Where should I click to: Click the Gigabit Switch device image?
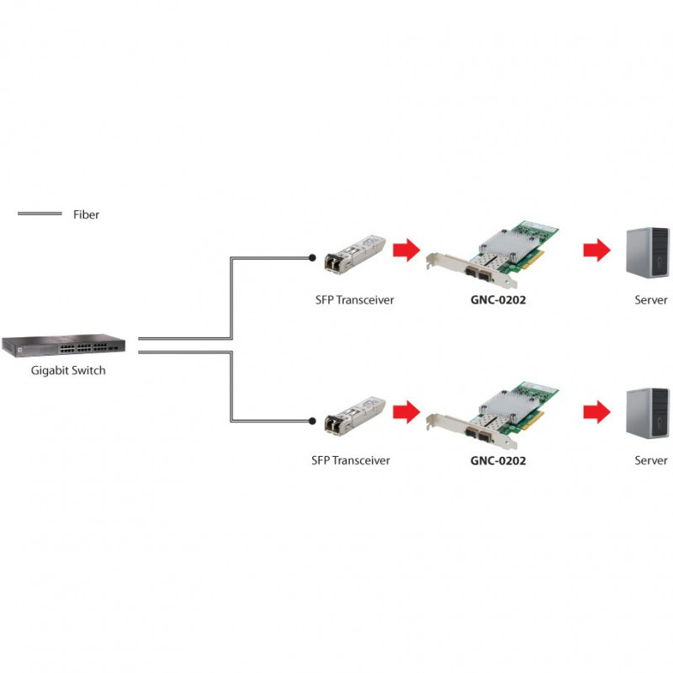coord(64,345)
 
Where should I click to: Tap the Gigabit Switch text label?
coord(68,370)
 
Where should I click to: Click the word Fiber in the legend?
coord(86,215)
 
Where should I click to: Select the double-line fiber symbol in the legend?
coord(40,214)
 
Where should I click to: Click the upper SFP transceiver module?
coord(355,254)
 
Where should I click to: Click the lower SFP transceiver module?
coord(355,416)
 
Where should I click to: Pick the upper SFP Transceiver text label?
coord(354,299)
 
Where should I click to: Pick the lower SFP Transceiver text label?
coord(351,460)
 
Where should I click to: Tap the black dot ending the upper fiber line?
coord(312,257)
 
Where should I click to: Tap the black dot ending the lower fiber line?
coord(312,421)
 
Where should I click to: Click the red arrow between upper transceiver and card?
coord(406,249)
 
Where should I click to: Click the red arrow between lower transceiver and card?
coord(406,411)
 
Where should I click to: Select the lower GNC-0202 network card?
coord(493,416)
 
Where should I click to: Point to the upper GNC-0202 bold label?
coord(498,299)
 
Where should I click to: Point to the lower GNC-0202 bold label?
coord(498,460)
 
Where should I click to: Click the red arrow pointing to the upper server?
coord(596,249)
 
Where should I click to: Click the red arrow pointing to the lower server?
coord(596,411)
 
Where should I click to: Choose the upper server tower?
coord(648,252)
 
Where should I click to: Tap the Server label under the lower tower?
coord(650,460)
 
